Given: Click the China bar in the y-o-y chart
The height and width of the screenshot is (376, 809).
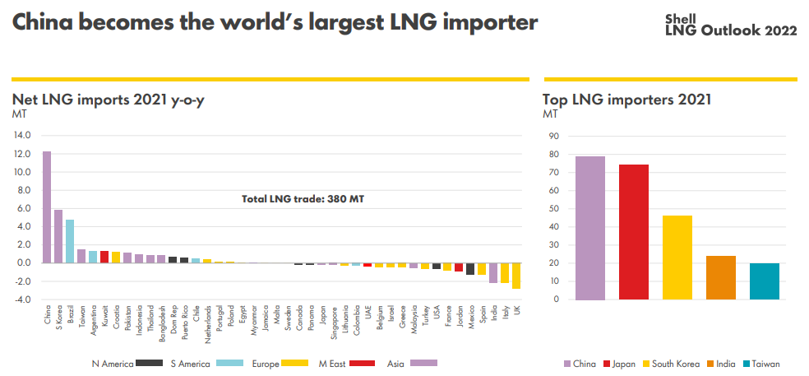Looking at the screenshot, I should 47,207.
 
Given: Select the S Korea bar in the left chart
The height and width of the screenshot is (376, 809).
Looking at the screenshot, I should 58,236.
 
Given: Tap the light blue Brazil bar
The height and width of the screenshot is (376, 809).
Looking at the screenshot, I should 70,241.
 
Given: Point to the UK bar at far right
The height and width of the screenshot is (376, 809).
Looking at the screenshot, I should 515,276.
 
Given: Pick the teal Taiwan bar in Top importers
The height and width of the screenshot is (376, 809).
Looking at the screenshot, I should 765,281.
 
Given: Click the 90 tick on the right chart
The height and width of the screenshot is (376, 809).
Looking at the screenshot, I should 552,137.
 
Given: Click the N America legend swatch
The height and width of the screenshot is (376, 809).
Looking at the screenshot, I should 148,363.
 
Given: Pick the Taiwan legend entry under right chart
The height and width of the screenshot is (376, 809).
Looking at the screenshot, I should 760,364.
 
